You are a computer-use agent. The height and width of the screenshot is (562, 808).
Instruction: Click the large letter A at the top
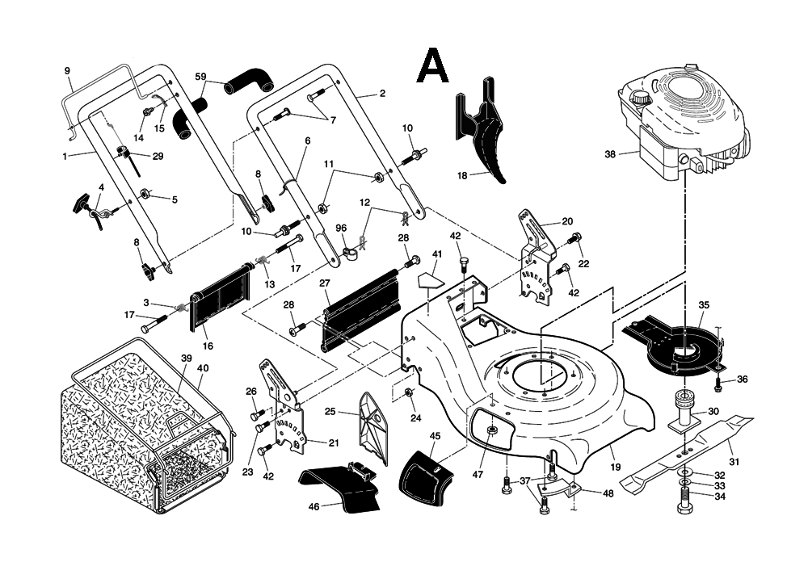[432, 66]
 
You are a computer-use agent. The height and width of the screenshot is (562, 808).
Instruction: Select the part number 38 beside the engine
[609, 153]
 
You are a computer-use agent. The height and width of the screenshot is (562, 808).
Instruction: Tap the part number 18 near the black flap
[462, 174]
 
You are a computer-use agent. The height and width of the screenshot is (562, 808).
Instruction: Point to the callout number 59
[201, 77]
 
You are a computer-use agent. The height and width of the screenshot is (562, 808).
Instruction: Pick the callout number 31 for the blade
[734, 461]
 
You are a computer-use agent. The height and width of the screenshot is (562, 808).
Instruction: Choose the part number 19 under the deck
[615, 467]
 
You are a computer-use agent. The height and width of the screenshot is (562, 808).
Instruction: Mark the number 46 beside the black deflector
[314, 506]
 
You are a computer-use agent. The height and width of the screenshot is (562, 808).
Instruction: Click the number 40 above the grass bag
[203, 368]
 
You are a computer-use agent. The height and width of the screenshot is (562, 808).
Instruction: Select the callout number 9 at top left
[68, 70]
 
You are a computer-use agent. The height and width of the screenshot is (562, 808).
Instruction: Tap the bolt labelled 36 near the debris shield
[718, 379]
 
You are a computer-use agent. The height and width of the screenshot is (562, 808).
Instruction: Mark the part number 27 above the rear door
[325, 283]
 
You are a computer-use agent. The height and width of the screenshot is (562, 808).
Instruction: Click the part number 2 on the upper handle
[382, 93]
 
